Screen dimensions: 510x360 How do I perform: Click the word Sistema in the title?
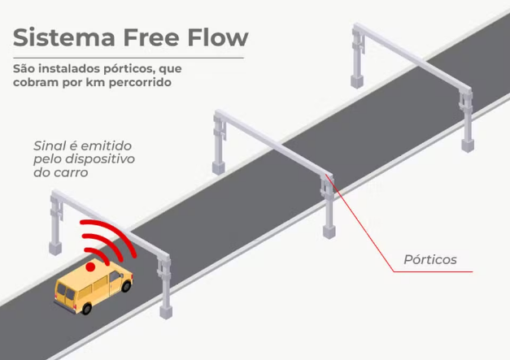point(64,37)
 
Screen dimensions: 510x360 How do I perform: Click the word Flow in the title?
point(218,37)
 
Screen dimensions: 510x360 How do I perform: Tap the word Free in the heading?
point(151,37)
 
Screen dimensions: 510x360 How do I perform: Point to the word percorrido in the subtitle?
point(140,83)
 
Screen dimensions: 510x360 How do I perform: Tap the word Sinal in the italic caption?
point(50,146)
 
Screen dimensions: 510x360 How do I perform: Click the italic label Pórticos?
point(430,259)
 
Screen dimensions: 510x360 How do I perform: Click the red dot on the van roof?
point(90,267)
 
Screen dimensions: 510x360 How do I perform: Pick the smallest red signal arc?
point(98,255)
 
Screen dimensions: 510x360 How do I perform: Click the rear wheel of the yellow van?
point(86,308)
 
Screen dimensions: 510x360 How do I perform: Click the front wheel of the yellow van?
point(126,286)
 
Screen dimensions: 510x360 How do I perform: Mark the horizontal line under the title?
point(129,59)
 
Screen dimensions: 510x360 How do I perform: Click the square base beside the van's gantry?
point(166,312)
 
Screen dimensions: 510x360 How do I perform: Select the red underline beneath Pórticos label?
point(433,271)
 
